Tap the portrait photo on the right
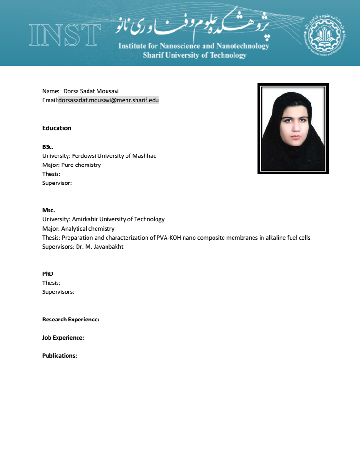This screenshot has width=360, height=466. pos(293,128)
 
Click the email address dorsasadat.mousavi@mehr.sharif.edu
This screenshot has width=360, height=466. pos(108,100)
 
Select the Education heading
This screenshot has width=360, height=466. pos(57,128)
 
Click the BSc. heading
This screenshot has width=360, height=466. pos(48,147)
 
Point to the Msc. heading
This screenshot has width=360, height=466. pos(49,210)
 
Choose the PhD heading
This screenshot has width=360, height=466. pos(48,274)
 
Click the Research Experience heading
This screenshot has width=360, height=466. pos(71,320)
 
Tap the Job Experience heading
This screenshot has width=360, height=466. pos(63,338)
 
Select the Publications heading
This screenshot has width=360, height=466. pos(59,356)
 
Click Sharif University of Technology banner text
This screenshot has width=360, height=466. pos(195,55)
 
